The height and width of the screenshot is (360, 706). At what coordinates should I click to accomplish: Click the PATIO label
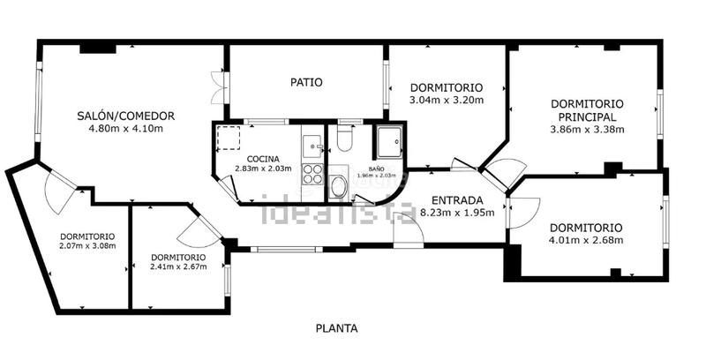click(306, 83)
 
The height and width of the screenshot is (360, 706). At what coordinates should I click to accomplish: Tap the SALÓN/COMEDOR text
click(125, 116)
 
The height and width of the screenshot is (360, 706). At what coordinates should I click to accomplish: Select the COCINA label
click(263, 158)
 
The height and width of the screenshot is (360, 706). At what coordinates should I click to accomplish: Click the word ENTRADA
click(457, 200)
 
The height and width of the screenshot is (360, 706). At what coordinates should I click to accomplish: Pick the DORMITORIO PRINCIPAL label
click(587, 109)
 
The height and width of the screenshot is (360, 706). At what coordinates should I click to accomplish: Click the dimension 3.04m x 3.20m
click(446, 101)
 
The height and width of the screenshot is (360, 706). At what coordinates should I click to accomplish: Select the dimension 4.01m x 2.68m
click(586, 240)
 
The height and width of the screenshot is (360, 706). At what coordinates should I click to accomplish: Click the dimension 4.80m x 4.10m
click(125, 129)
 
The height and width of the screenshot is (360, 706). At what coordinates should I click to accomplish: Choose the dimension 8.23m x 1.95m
click(457, 213)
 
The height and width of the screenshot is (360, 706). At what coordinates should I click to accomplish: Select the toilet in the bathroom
click(345, 139)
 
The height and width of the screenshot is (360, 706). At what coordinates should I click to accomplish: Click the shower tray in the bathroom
click(388, 142)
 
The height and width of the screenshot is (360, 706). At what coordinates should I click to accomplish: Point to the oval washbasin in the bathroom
click(338, 186)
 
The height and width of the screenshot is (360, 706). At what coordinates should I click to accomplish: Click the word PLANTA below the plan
click(337, 328)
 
